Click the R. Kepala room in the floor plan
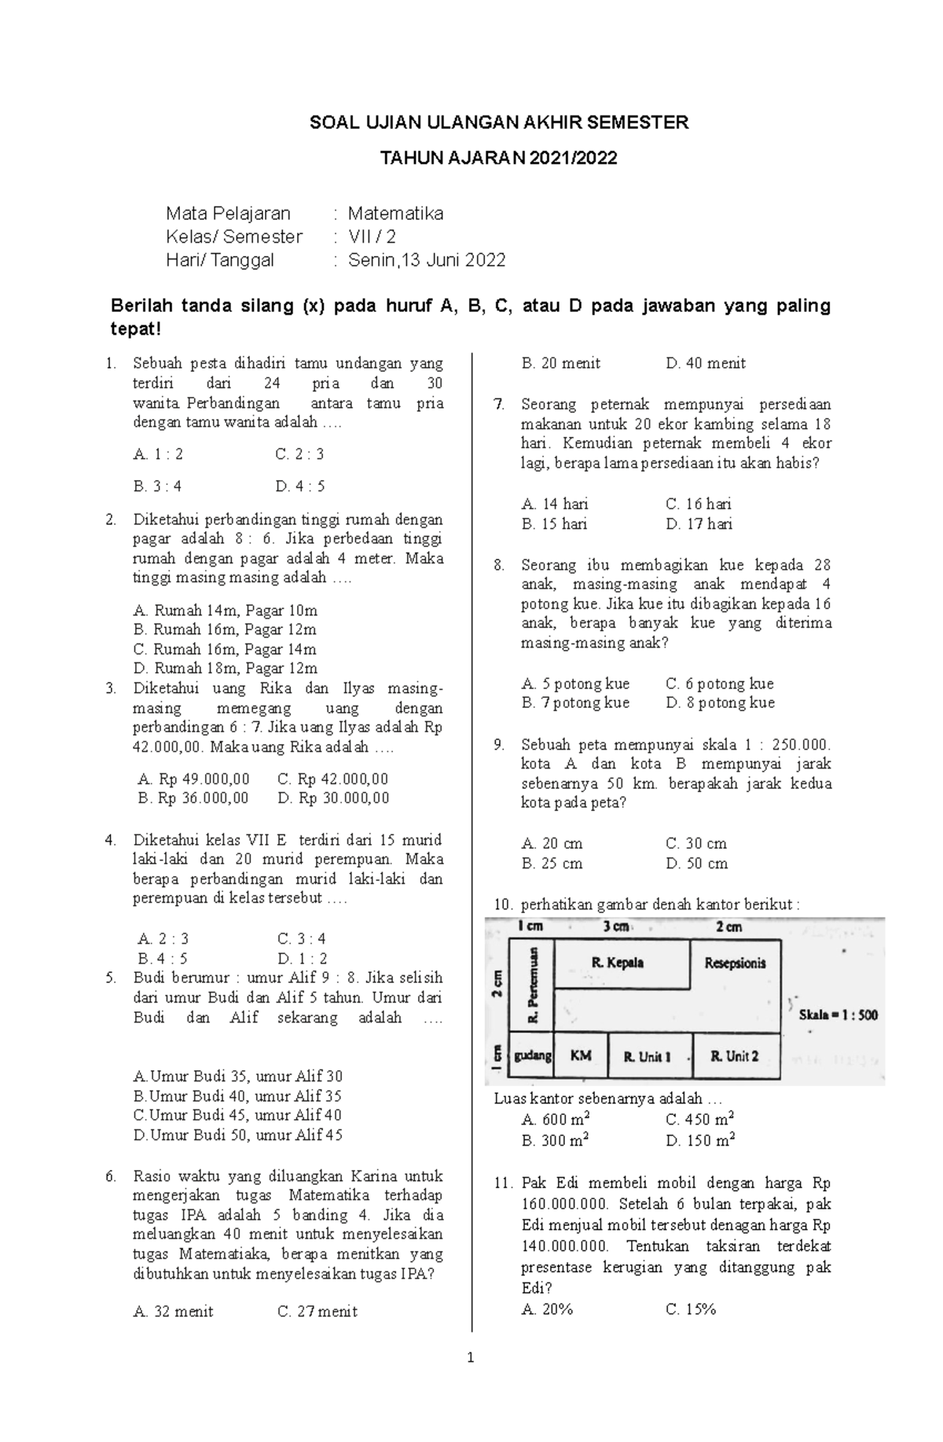click(618, 963)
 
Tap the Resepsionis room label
click(735, 963)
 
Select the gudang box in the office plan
click(533, 1055)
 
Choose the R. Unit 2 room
click(735, 1056)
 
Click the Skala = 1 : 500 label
click(838, 1015)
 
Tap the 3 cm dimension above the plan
click(615, 926)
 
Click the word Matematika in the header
click(395, 214)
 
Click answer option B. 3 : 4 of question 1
click(158, 486)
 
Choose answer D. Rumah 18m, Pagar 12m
click(226, 669)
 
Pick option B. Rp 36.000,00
click(193, 798)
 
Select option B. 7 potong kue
click(575, 703)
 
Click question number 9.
click(499, 745)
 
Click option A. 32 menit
click(174, 1312)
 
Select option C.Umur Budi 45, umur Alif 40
click(238, 1115)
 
